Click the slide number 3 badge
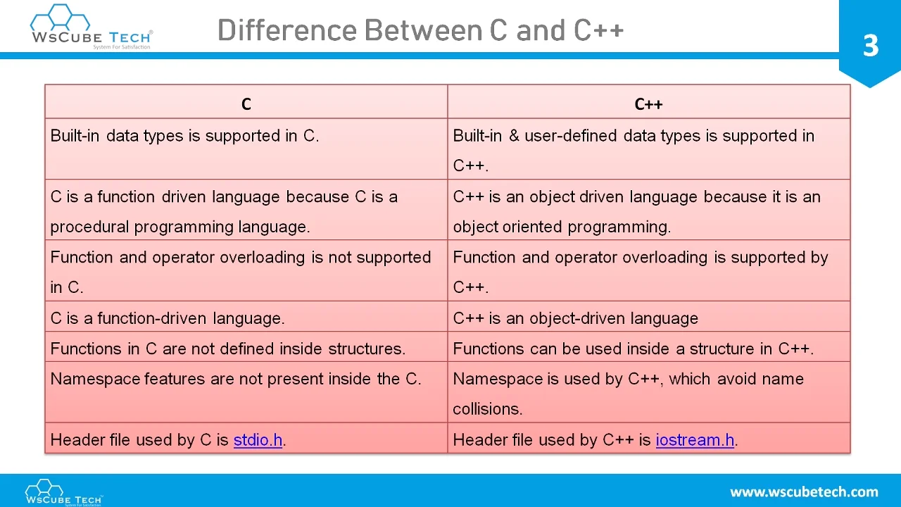870,46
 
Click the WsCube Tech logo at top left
91,27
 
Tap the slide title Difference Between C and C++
420,31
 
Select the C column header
246,104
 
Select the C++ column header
648,104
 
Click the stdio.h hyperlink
258,440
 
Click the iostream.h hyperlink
695,440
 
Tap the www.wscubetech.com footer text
804,492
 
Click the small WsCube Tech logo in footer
63,492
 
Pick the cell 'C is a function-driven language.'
168,318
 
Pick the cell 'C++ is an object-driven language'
575,318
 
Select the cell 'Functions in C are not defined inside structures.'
227,349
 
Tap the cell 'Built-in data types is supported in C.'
184,136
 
